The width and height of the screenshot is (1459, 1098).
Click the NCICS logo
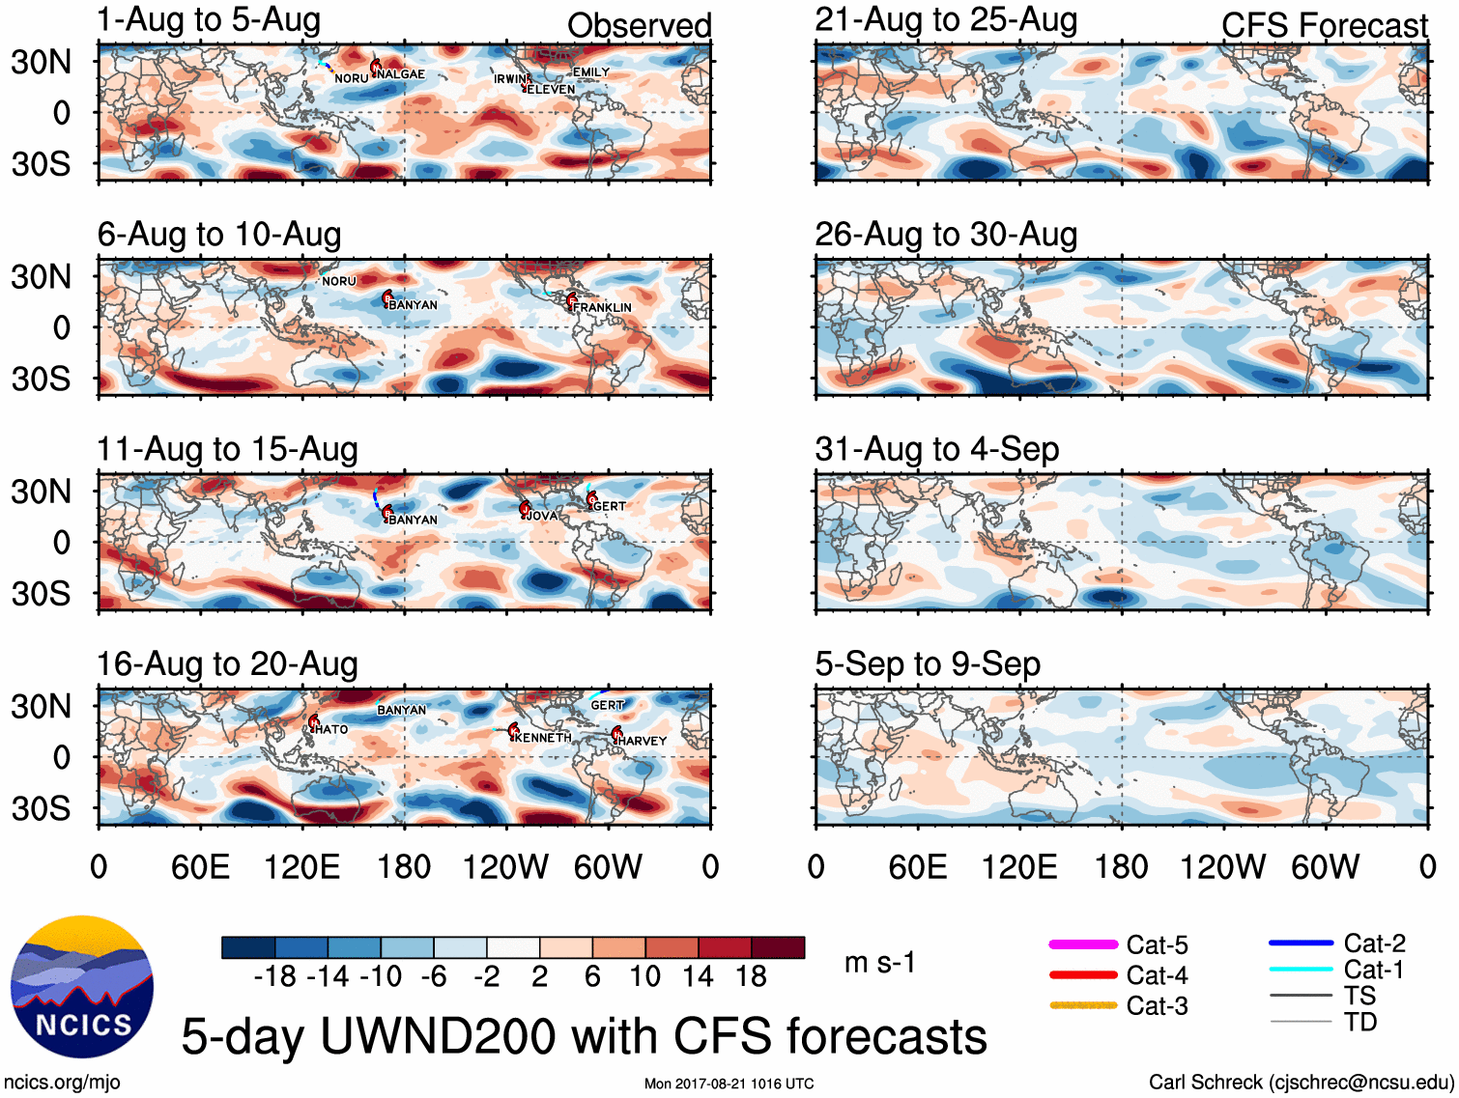click(82, 986)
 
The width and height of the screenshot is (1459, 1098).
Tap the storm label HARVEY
click(643, 741)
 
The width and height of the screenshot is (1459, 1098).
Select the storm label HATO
click(331, 729)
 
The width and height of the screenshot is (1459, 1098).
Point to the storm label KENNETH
click(543, 738)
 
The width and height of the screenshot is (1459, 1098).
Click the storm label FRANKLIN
click(602, 307)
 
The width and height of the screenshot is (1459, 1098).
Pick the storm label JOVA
click(542, 516)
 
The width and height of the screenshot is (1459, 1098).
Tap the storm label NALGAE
click(401, 74)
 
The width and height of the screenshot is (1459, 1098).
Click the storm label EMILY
click(591, 72)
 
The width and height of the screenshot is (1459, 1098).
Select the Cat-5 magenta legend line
click(1083, 944)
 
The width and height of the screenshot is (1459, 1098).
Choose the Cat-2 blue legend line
click(1301, 943)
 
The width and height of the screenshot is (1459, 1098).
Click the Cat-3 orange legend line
click(1083, 1005)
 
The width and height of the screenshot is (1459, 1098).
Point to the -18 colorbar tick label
click(274, 976)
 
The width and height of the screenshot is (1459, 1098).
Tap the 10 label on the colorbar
click(645, 976)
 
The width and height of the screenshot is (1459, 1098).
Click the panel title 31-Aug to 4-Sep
click(936, 449)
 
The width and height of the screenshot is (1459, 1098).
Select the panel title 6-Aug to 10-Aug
click(219, 235)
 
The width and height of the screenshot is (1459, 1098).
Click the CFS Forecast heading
click(1324, 26)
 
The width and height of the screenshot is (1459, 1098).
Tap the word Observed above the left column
click(639, 26)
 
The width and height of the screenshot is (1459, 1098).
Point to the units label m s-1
click(879, 963)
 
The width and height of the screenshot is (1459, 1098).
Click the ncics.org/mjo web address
click(62, 1083)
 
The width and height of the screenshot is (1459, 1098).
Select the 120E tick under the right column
click(1019, 866)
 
